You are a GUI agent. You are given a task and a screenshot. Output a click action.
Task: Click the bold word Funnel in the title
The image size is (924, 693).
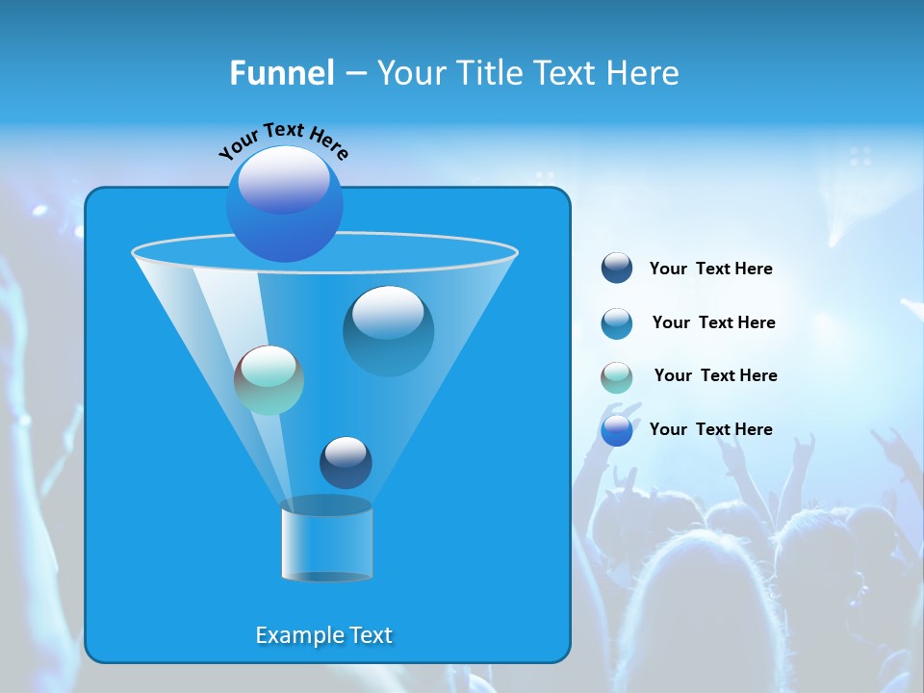click(281, 72)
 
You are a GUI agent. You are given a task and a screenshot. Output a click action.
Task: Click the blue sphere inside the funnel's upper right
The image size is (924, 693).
click(389, 330)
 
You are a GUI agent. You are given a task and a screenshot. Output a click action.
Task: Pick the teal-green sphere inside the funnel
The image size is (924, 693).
click(269, 380)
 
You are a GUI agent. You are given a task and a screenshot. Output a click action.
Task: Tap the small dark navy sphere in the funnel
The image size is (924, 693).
click(346, 462)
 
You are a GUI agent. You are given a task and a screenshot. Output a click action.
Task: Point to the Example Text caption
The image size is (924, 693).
click(323, 635)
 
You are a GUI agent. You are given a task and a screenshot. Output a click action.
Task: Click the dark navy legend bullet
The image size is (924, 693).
click(617, 269)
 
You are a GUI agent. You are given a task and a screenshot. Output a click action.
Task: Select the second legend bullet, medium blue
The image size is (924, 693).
click(617, 323)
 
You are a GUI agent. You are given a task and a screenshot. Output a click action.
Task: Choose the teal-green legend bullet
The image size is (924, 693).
click(617, 377)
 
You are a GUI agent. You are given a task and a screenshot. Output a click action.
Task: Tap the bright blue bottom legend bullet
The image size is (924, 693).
click(617, 430)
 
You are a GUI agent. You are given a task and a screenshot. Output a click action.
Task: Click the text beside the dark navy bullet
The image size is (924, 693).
click(710, 269)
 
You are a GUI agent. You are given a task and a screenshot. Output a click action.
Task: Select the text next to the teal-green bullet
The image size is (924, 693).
click(715, 375)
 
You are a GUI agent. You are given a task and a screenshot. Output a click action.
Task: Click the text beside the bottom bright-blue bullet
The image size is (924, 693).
click(710, 429)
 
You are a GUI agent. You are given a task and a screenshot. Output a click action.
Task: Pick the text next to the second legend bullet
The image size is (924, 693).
click(713, 322)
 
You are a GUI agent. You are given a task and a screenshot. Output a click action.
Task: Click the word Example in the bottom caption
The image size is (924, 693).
click(293, 635)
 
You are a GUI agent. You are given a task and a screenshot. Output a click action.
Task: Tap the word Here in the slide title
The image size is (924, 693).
click(644, 72)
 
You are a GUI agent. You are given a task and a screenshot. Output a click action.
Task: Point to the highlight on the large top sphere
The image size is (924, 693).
click(284, 180)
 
